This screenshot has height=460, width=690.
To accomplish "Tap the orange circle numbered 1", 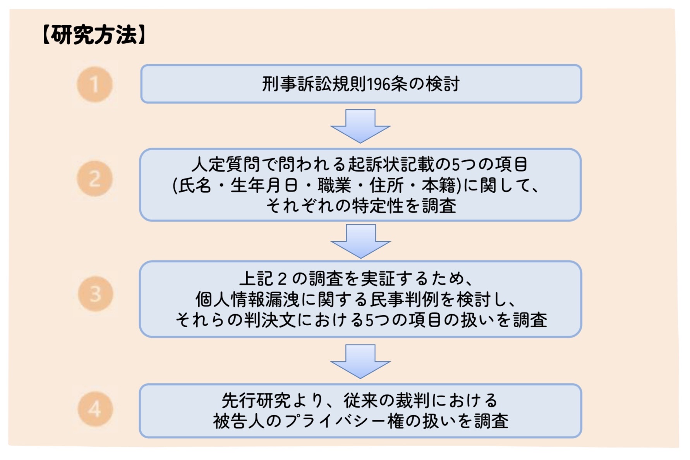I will pyautogui.click(x=94, y=84).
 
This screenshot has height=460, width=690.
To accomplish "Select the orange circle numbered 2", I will pyautogui.click(x=94, y=179).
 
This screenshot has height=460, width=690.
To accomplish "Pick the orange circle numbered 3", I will pyautogui.click(x=95, y=294).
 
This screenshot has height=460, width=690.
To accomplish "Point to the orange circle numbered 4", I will pyautogui.click(x=95, y=409).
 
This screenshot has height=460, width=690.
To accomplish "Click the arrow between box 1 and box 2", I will pyautogui.click(x=360, y=126).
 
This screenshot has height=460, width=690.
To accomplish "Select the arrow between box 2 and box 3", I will pyautogui.click(x=360, y=241).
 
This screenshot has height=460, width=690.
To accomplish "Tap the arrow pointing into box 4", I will pyautogui.click(x=360, y=361).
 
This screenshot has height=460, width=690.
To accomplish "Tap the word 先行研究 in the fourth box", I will pyautogui.click(x=256, y=401).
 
